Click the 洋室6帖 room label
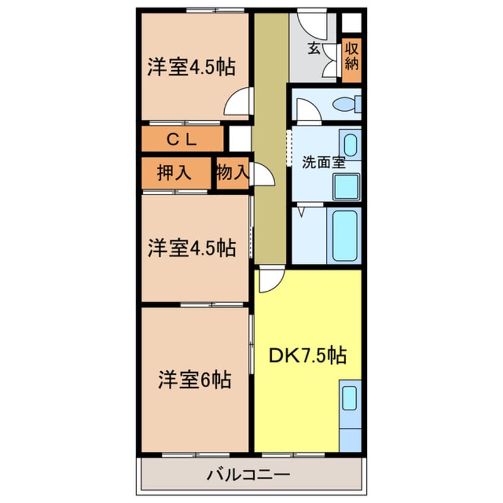point(194,379)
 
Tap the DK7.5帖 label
point(308,356)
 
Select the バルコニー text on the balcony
point(249,475)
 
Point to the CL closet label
point(181,140)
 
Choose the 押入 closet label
point(174,173)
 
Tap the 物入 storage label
point(232,173)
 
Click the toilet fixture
point(347,105)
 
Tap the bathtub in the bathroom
point(345,235)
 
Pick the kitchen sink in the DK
point(349,397)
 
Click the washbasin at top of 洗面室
point(351,144)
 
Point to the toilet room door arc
point(307,111)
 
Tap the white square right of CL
point(239,139)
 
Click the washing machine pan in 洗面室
point(346,187)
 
